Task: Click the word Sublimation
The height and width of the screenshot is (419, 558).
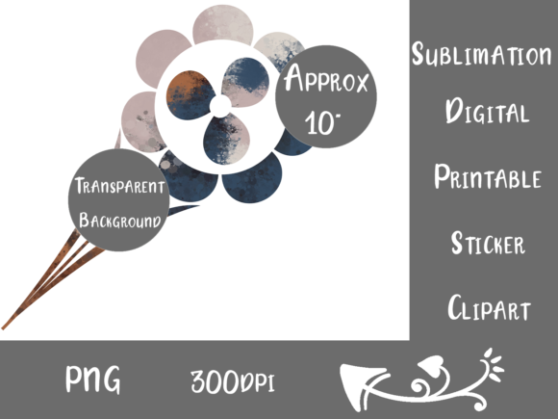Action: pos(481,54)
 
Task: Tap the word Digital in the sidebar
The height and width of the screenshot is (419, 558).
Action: pos(487,111)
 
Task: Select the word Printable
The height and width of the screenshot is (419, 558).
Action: pos(488,176)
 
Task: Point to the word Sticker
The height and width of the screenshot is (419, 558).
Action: pos(488,243)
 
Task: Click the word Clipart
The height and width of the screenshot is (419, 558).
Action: pos(489,307)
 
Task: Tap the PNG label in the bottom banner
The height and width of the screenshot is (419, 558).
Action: pos(93,380)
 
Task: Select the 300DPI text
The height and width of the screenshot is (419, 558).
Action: pos(233,381)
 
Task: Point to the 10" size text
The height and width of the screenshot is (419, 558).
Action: pos(321,122)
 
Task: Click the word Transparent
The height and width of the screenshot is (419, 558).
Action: pos(119,186)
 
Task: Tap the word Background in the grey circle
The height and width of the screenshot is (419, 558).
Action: pos(119,220)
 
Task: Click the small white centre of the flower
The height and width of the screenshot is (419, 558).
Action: pos(220,105)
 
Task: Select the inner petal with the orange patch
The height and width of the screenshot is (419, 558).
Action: pos(190,95)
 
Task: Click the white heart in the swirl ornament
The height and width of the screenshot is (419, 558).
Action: pos(431,366)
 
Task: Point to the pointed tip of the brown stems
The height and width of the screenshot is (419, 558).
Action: pos(3,327)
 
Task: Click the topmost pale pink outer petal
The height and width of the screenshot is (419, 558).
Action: pos(223,24)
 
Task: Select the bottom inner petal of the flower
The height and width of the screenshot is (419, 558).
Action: pos(226,139)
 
